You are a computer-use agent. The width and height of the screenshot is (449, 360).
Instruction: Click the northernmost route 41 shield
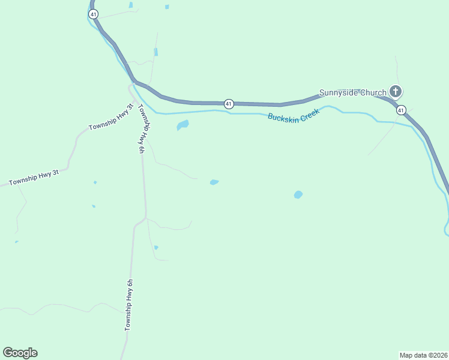coord(93,13)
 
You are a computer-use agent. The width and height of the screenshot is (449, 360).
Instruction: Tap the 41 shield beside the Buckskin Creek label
coord(229,104)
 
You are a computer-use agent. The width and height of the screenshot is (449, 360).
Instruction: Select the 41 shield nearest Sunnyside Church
coord(401,110)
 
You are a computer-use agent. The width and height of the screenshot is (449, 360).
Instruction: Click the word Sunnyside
coord(339,92)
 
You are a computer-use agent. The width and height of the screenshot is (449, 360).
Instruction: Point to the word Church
coord(373,92)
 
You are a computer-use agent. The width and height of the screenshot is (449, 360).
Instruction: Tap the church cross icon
coord(396,92)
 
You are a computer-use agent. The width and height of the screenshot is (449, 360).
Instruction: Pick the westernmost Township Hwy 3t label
coord(34,177)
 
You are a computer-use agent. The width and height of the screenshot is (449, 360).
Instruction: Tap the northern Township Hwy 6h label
coord(142,129)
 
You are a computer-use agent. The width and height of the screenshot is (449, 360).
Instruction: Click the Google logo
coord(20,353)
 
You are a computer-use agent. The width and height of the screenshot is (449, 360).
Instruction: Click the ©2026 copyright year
coord(438,355)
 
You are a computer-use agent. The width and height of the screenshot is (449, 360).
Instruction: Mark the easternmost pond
coord(298,195)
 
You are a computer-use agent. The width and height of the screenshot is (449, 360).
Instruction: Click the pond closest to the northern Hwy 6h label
coord(182,125)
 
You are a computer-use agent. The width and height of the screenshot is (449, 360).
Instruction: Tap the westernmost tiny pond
coord(16,242)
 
